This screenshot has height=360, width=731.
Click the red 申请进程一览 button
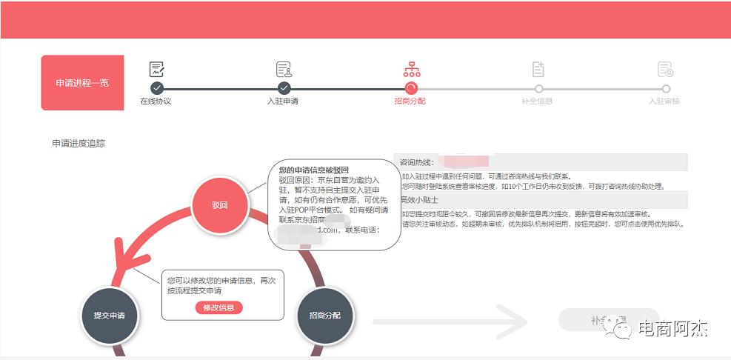click(x=82, y=83)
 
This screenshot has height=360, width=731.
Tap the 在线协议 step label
click(x=156, y=101)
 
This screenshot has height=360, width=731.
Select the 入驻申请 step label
click(x=283, y=101)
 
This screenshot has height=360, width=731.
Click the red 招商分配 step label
click(x=410, y=101)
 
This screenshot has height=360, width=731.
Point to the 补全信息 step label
click(x=537, y=101)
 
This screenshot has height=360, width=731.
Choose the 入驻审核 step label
click(x=664, y=101)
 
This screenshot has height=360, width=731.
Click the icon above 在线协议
click(x=156, y=70)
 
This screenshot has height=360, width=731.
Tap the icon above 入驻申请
click(x=284, y=70)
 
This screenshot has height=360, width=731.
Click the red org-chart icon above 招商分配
click(x=412, y=70)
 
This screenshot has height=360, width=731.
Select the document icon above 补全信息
click(x=538, y=70)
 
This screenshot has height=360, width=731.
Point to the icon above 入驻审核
click(x=665, y=70)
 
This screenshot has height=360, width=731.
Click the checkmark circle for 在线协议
click(x=156, y=88)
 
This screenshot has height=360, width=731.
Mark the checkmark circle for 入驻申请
click(x=284, y=88)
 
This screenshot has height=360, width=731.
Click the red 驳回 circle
click(x=219, y=204)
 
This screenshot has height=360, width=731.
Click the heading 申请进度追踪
click(x=79, y=144)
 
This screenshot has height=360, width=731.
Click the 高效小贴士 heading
click(x=420, y=200)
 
